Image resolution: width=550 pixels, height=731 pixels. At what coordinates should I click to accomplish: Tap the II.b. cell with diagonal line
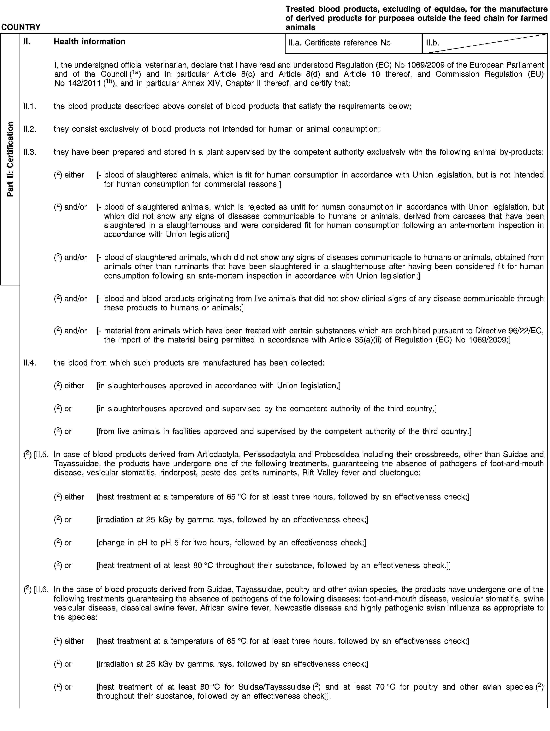click(x=485, y=43)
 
